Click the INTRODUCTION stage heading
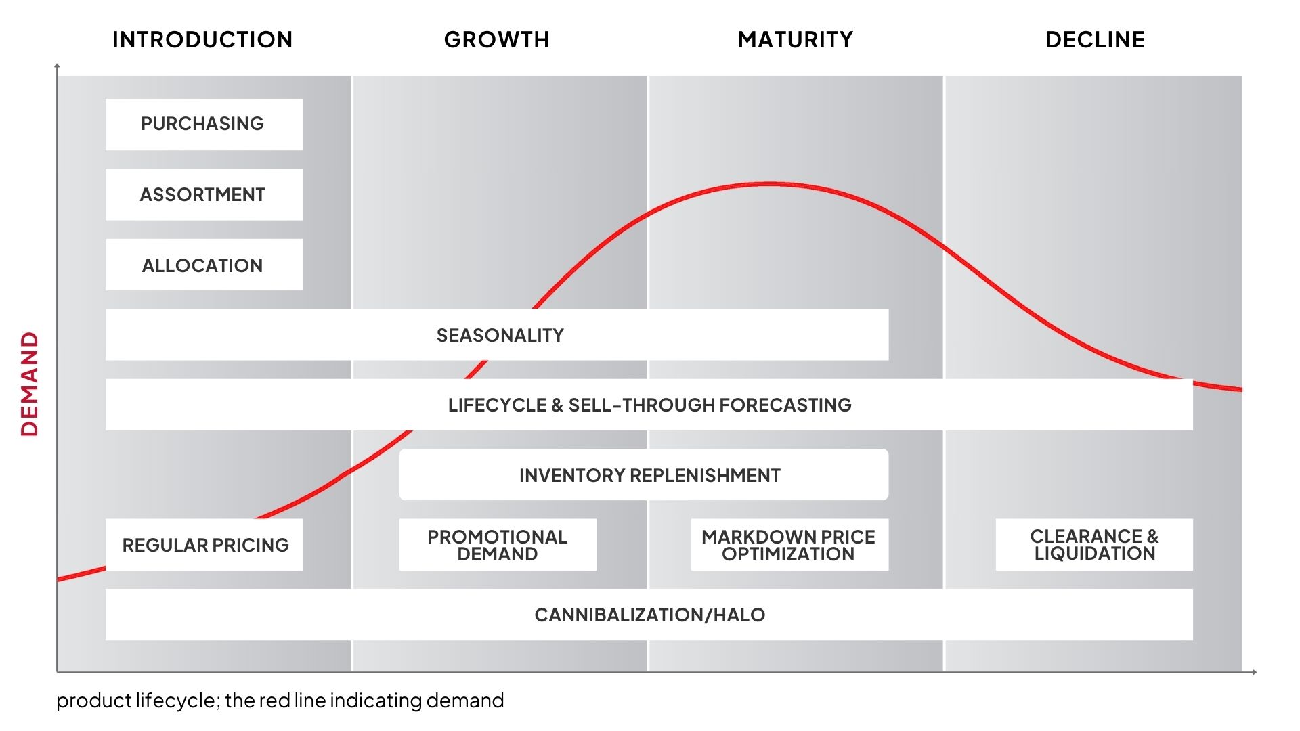(202, 40)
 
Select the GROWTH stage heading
(496, 40)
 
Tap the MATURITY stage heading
(796, 40)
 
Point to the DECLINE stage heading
(1095, 40)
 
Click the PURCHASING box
(204, 125)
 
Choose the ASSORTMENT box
(204, 194)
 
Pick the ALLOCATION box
(204, 265)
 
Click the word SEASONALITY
(500, 336)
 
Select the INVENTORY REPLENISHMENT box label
(650, 476)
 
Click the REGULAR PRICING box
(204, 545)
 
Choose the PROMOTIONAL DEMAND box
(498, 545)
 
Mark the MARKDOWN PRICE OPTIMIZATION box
(789, 545)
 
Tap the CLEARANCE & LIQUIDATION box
(1094, 545)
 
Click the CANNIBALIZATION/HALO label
(650, 615)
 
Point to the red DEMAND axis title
(30, 384)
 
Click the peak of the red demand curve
(770, 183)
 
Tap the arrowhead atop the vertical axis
(57, 66)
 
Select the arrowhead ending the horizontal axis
(1254, 672)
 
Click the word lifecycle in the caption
(176, 701)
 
